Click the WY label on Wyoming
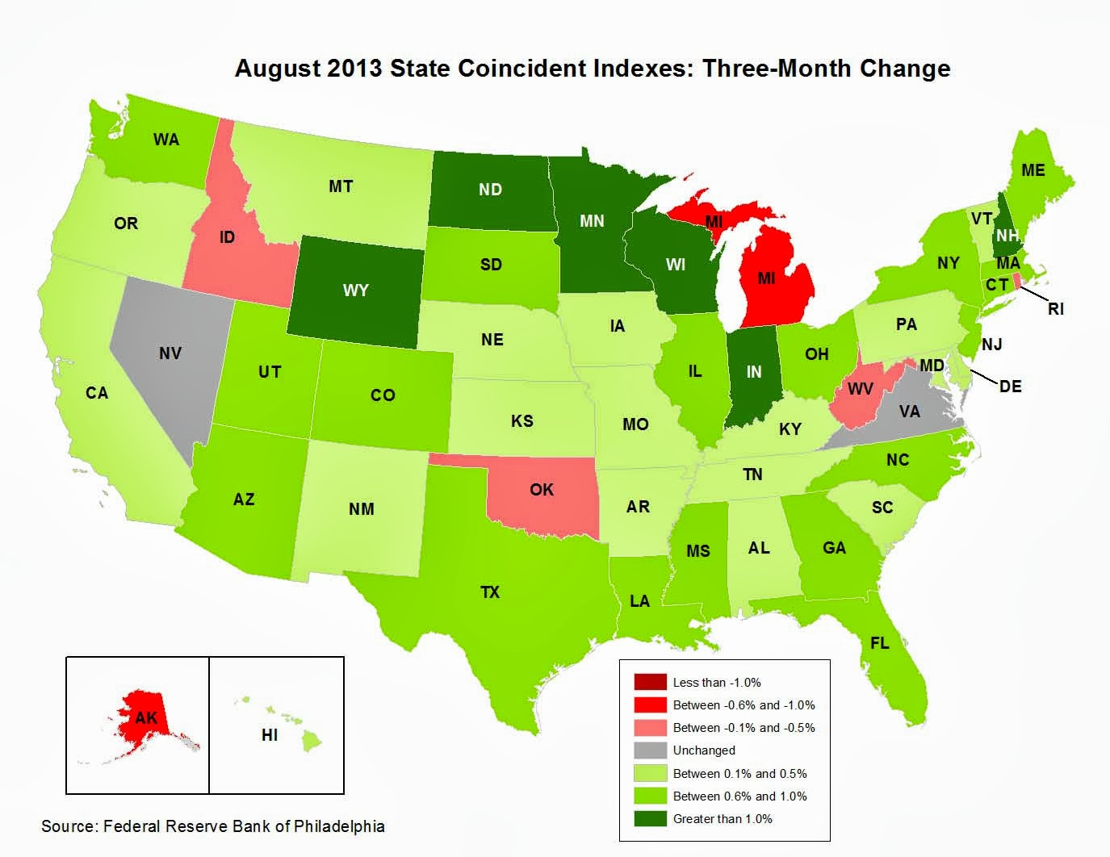(355, 290)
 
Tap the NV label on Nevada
(170, 353)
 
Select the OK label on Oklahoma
(542, 489)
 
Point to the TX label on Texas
(490, 592)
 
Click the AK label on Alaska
(146, 717)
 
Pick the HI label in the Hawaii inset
(270, 735)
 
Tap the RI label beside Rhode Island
(1056, 308)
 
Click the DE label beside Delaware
(1010, 387)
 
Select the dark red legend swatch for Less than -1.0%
(650, 683)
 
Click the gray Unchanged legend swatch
(650, 750)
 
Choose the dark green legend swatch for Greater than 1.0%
(650, 818)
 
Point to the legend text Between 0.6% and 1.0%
(739, 796)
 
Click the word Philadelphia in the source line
(339, 826)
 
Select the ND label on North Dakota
(490, 190)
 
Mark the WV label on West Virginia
(860, 389)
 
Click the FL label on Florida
(879, 643)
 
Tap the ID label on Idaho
(227, 237)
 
